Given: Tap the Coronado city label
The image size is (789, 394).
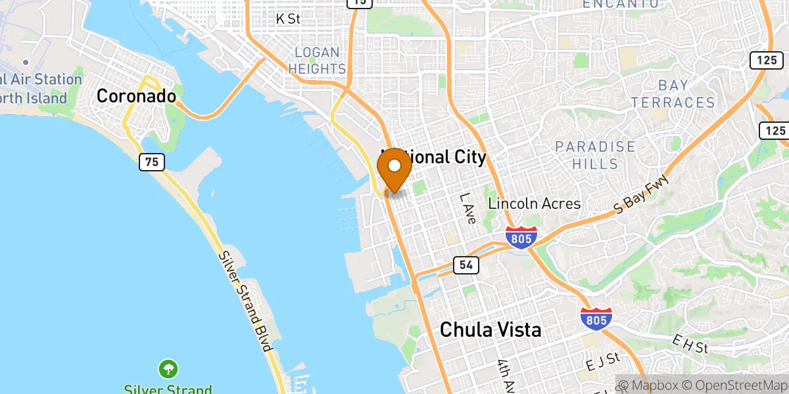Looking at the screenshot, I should (136, 96).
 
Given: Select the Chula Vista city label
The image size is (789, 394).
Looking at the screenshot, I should (490, 329).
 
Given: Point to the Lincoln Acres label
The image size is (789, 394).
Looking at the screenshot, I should (535, 204).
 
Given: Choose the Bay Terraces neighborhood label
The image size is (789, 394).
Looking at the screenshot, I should (673, 94).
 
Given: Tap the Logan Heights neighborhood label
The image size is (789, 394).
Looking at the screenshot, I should (317, 60).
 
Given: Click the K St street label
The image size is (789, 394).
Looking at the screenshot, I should (288, 19).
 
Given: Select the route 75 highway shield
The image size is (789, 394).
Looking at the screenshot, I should (151, 162).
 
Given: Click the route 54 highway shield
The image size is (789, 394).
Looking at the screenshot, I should (466, 265).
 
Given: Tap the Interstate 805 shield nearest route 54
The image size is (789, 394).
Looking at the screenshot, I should (522, 237).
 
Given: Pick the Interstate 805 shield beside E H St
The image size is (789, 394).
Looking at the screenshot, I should (596, 318).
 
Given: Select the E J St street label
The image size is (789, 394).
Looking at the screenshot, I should (604, 361).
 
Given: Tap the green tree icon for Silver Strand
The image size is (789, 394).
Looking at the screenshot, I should (169, 368).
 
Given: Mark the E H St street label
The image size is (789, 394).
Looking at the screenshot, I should (689, 343).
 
